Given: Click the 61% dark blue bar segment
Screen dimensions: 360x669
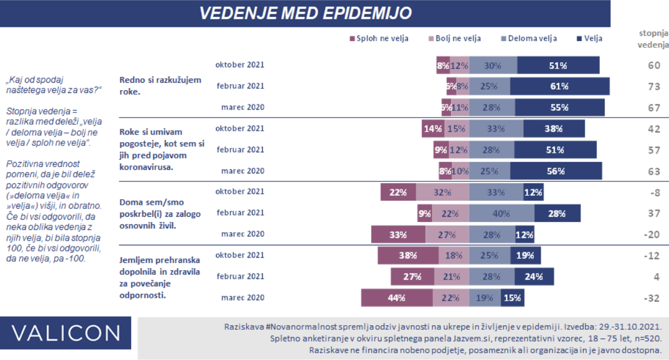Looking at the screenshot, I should point(559,86).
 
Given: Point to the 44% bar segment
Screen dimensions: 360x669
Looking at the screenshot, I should point(396,297).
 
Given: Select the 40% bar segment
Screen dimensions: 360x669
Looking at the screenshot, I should point(501,213).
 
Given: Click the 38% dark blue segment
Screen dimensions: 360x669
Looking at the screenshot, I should point(550,128).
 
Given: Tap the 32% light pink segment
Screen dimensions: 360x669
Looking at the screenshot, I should point(442,192).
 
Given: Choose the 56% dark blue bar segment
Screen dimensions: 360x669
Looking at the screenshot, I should point(556,171).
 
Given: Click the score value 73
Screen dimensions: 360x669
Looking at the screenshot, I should point(654,86).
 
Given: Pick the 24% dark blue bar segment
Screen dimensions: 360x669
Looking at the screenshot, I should point(534,277).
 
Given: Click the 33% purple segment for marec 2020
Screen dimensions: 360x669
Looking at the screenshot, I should point(397,234).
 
